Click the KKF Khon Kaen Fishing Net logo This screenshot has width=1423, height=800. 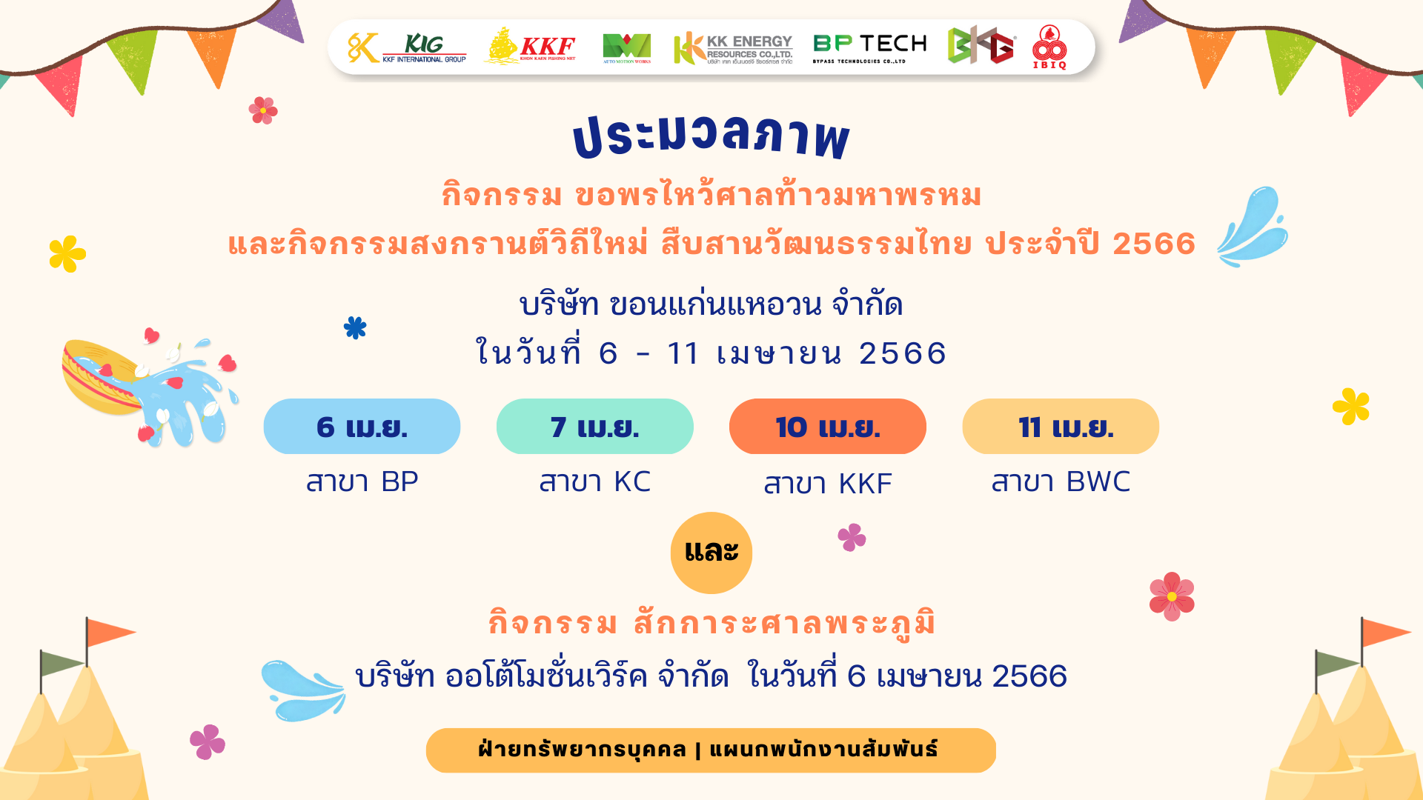coord(530,46)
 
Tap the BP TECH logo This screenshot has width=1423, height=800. coord(869,48)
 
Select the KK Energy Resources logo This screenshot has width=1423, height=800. coord(732,48)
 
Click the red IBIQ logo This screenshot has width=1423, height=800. coord(1049,47)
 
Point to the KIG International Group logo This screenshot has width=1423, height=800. coord(407,47)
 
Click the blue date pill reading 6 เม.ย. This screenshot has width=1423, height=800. coord(362,427)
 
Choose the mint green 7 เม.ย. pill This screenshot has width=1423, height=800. coord(594,427)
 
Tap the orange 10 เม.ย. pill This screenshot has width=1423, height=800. coord(827,427)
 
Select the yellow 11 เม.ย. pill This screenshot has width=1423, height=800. coord(1061,427)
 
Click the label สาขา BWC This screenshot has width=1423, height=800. coord(1061,481)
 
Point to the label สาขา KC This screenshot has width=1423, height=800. coord(594,481)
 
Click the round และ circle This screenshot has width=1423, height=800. coord(711,553)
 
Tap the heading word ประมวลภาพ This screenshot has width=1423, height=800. coord(711,137)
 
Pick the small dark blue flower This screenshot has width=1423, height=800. coord(355,327)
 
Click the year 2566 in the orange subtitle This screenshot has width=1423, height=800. coord(1154,244)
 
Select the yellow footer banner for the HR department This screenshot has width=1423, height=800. coord(711,750)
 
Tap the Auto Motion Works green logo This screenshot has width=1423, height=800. coord(626,48)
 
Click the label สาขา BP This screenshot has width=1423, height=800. coord(362,481)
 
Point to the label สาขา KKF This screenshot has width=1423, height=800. coord(828,484)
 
